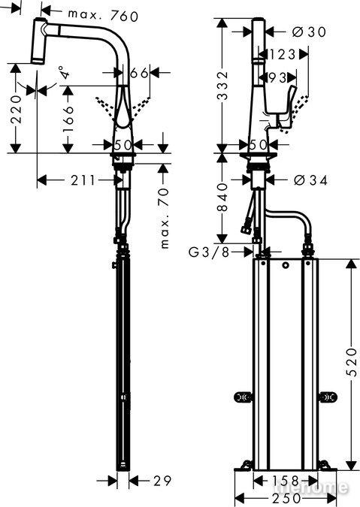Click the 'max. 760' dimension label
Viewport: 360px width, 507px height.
103,15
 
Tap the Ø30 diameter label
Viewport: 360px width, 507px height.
309,32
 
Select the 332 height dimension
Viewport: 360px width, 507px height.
222,86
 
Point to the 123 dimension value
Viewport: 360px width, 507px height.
281,54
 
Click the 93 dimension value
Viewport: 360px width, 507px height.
277,77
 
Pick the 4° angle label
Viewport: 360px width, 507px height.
65,72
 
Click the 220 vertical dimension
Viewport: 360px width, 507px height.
17,110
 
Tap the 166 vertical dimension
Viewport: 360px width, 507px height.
68,119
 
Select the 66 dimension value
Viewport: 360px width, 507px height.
139,73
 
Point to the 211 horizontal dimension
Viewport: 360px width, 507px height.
83,180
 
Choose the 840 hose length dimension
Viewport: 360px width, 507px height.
222,198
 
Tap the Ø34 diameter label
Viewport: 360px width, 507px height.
310,180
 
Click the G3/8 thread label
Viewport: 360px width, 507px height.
209,252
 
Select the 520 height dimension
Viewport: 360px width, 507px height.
352,362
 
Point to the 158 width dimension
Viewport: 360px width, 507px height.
285,481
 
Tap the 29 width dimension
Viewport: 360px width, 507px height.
162,481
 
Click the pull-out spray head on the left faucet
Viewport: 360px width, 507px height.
39,41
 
